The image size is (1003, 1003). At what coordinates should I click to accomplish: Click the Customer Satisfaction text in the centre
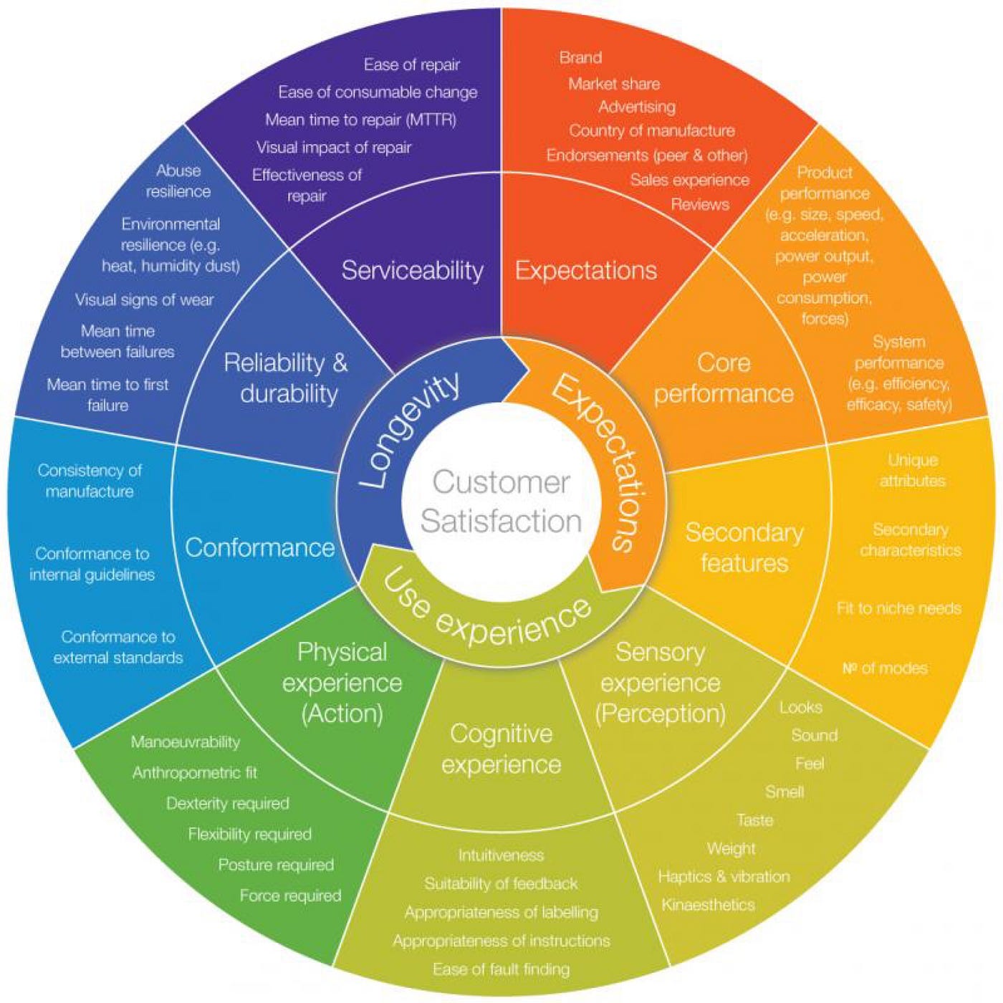501,501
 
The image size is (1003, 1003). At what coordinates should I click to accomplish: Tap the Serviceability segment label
412,271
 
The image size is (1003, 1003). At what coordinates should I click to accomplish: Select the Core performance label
724,378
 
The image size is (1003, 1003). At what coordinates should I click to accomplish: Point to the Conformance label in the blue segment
259,548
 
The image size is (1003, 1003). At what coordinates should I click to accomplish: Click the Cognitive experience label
501,749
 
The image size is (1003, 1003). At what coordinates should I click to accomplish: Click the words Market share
614,84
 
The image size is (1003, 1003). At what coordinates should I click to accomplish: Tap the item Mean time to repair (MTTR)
360,120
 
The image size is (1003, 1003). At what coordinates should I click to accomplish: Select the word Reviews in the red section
700,204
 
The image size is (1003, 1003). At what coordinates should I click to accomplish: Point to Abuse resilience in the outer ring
178,181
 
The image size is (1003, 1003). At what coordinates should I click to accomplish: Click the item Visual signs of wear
144,300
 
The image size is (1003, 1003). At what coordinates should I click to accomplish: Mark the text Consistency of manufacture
90,481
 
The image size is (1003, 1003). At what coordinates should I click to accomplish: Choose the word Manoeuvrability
185,742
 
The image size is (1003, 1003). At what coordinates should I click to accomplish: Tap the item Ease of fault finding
501,969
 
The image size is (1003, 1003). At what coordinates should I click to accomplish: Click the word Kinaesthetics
708,905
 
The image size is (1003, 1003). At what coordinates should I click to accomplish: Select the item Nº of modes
885,668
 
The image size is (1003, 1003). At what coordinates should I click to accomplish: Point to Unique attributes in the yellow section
913,471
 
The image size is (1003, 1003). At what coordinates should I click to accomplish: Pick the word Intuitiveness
501,855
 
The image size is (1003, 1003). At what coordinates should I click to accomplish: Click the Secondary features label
744,548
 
